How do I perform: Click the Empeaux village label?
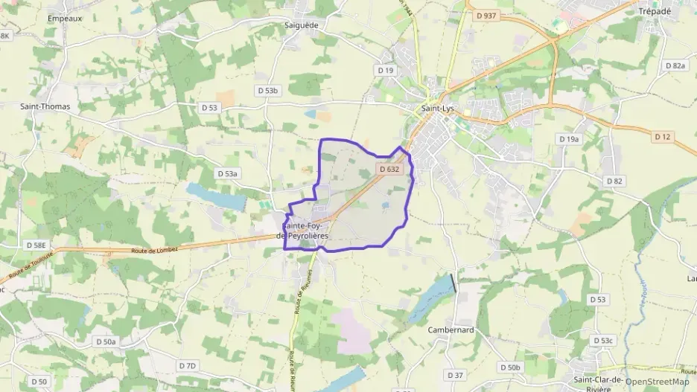click(65, 17)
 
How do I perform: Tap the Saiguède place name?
click(301, 25)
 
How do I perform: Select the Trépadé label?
click(655, 11)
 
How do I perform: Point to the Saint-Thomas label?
click(45, 106)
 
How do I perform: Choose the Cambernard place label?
click(451, 330)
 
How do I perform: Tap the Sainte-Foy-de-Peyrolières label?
click(305, 230)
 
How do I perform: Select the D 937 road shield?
click(486, 15)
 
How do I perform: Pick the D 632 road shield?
click(389, 169)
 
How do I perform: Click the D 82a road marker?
click(675, 65)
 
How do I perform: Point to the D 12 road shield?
click(663, 136)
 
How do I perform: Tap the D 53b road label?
click(267, 90)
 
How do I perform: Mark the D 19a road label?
click(568, 139)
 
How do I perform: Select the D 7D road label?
click(187, 365)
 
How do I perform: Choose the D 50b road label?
click(510, 367)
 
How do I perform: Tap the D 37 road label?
click(455, 374)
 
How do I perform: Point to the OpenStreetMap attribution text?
click(657, 382)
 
